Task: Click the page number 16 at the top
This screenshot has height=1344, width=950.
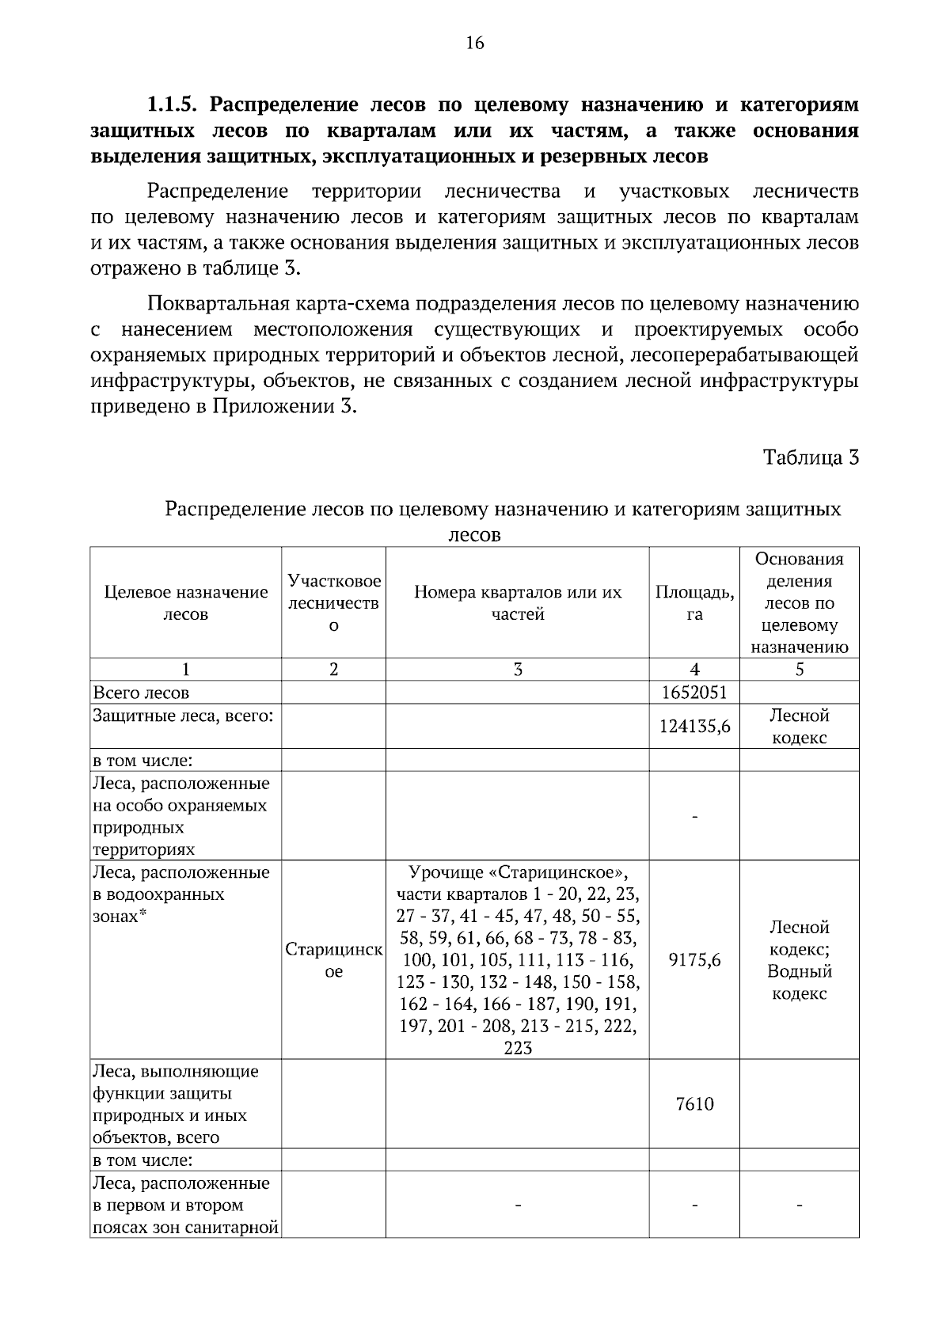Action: [474, 43]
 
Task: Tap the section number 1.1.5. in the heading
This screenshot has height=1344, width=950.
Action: [175, 104]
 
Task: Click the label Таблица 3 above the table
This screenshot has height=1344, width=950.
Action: [811, 457]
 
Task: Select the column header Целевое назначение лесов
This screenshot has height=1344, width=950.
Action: [185, 602]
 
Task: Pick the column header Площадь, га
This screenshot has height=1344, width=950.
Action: [693, 602]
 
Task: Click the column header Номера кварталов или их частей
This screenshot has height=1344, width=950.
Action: [517, 602]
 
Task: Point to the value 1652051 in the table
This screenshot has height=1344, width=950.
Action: [693, 693]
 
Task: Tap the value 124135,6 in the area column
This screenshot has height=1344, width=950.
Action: [693, 727]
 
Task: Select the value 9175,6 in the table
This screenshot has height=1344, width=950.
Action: [693, 960]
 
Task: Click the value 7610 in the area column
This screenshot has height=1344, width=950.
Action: [693, 1104]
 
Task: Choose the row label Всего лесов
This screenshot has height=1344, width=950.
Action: [141, 693]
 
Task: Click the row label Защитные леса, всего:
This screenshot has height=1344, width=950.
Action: [183, 716]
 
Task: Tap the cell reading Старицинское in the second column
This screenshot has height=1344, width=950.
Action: [333, 960]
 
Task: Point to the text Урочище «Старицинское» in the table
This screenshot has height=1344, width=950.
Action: [518, 872]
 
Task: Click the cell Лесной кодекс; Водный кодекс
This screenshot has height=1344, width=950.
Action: [799, 960]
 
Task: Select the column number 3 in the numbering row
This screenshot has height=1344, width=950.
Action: [517, 670]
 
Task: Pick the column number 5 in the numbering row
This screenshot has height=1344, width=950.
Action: [799, 670]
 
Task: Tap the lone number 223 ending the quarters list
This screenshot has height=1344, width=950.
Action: [517, 1049]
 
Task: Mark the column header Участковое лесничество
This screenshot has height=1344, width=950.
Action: [333, 602]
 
